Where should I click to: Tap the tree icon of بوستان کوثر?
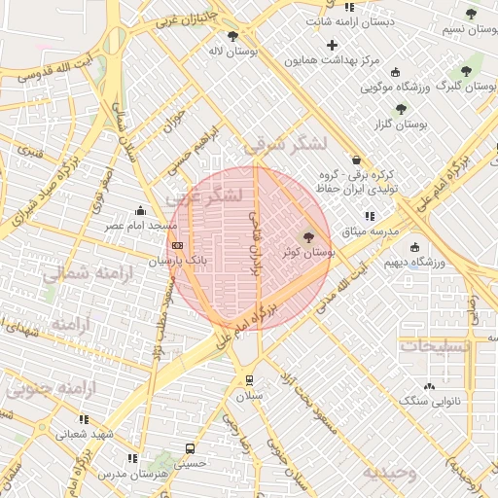point(309,236)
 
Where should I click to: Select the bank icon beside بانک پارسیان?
point(176,247)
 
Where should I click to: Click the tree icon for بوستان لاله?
point(231,37)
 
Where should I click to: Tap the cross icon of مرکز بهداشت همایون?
point(333,45)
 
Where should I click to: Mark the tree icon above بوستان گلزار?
point(401,109)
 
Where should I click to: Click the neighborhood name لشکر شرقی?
point(286,145)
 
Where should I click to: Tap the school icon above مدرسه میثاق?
point(369,216)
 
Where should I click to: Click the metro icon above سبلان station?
point(250,379)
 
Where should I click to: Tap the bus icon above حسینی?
point(190,449)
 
